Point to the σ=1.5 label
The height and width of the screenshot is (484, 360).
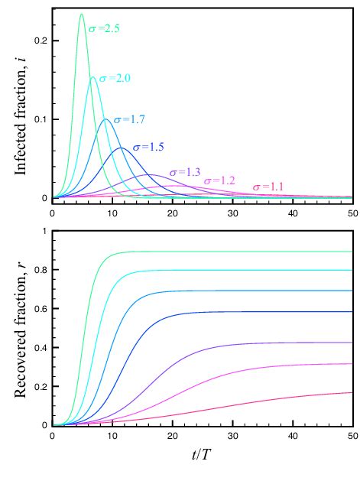(148, 146)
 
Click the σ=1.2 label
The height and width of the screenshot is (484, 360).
(219, 180)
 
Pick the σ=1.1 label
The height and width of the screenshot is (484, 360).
(268, 186)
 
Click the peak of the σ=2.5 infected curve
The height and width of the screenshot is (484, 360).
(81, 14)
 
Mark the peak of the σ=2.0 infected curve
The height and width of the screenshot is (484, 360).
(92, 77)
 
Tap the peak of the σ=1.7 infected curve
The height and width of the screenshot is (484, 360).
(106, 119)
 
